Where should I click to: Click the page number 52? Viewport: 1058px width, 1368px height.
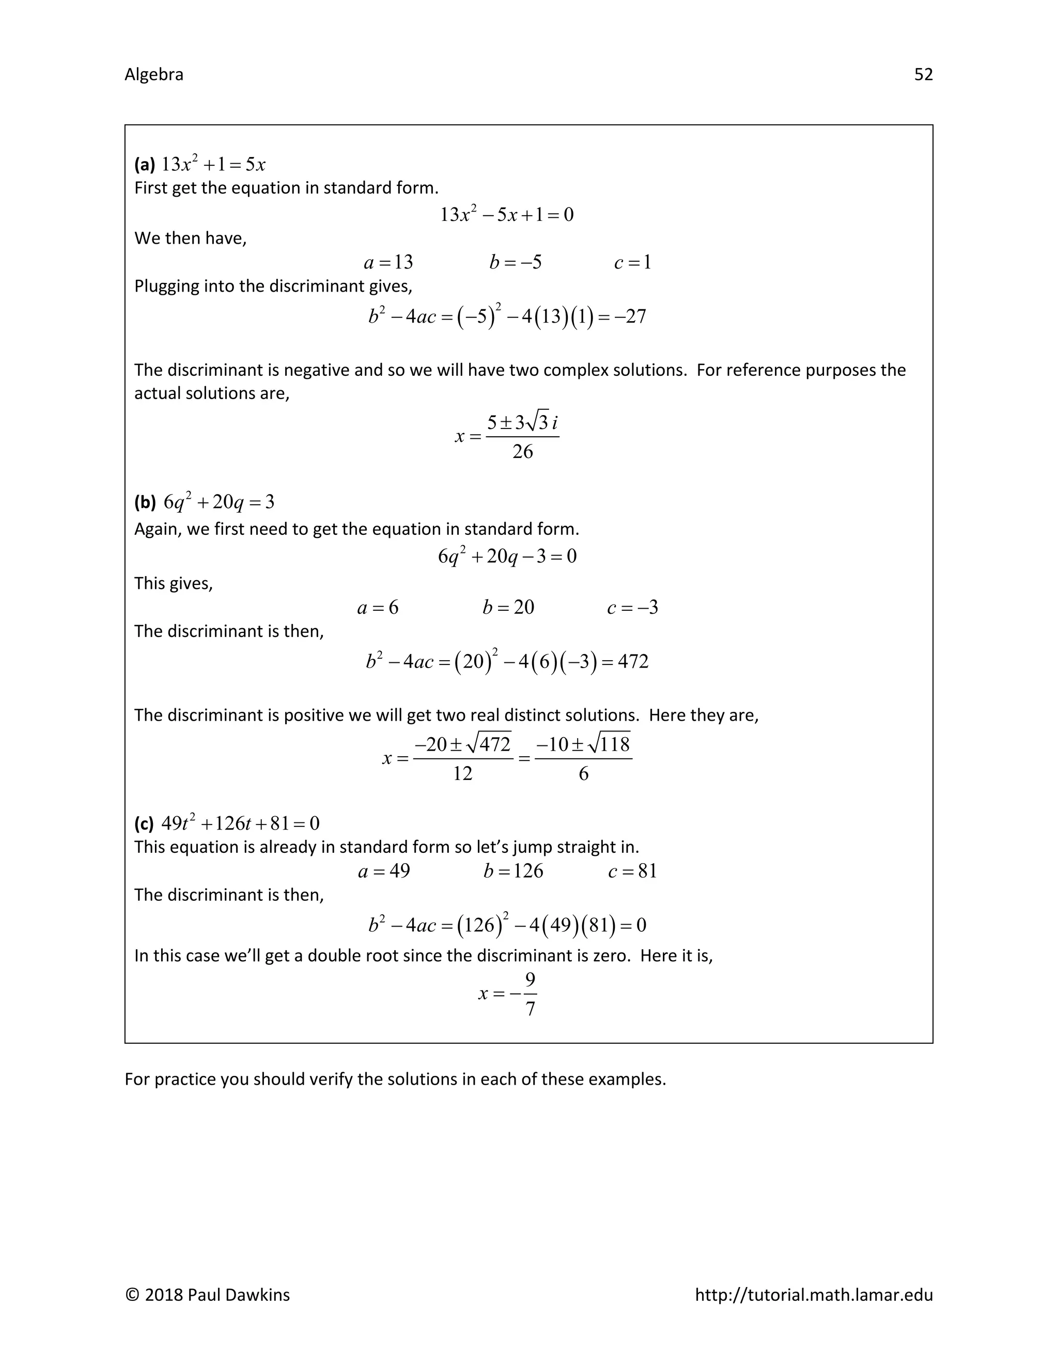923,74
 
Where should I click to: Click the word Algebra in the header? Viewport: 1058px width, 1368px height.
153,74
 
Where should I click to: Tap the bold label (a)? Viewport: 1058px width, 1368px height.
145,165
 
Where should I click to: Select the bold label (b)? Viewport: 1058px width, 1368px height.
145,502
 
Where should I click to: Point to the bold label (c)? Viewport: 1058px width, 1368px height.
144,823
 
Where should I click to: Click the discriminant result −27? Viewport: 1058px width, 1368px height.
630,316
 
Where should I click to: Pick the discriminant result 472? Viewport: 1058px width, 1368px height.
633,661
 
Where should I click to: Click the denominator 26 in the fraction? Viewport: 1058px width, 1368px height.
522,452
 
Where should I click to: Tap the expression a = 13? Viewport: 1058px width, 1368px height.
388,262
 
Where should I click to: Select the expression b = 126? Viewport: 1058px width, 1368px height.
514,871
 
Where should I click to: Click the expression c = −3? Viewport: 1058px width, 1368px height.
632,607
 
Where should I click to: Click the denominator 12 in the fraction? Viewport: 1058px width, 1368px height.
462,774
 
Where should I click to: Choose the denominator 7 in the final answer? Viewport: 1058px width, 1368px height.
530,1009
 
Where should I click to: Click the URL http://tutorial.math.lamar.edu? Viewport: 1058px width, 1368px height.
814,1295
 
